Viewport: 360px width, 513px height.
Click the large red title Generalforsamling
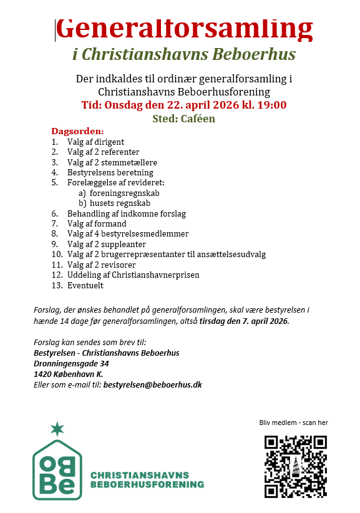184,27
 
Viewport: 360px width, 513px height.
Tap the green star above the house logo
57,429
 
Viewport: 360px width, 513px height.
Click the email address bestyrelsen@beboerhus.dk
152,384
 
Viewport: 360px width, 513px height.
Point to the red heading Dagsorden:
77,132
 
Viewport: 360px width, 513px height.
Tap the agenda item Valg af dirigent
95,142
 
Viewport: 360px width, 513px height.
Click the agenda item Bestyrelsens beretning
110,172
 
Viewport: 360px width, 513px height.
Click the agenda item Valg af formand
97,223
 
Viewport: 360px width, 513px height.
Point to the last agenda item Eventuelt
85,285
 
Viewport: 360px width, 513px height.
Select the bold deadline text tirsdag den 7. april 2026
244,321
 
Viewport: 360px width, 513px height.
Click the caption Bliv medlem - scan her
293,423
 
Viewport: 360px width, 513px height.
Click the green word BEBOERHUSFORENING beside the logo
147,484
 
